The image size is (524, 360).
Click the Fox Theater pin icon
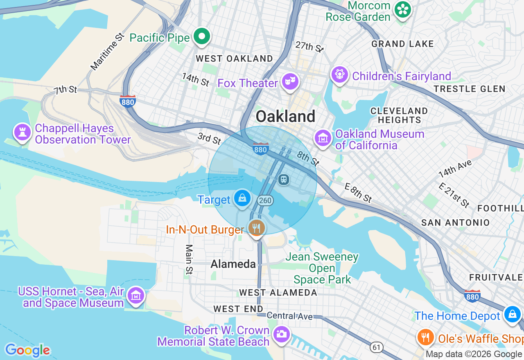pyautogui.click(x=290, y=82)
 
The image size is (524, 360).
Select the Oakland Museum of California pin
pyautogui.click(x=323, y=138)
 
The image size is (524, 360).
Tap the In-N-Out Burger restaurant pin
pyautogui.click(x=256, y=228)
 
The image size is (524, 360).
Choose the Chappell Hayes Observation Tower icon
pyautogui.click(x=22, y=132)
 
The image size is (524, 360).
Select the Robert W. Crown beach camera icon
pyautogui.click(x=281, y=333)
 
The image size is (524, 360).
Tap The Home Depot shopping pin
pyautogui.click(x=512, y=314)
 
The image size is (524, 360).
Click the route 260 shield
pyautogui.click(x=265, y=200)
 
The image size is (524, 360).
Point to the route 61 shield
pyautogui.click(x=377, y=347)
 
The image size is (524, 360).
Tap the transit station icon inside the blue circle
pyautogui.click(x=283, y=179)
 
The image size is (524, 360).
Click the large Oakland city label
pyautogui.click(x=285, y=117)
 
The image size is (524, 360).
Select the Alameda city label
pyautogui.click(x=233, y=264)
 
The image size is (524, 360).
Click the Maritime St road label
pyautogui.click(x=107, y=51)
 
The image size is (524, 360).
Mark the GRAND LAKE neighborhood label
pyautogui.click(x=402, y=44)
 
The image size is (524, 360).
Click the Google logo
pyautogui.click(x=27, y=350)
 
